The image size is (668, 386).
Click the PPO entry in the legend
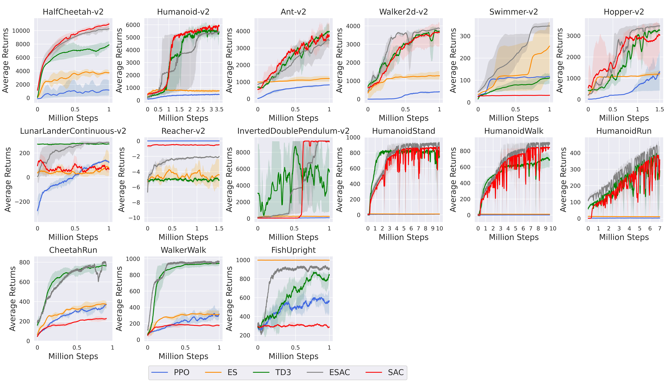click(181, 372)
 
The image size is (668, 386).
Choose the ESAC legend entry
click(339, 372)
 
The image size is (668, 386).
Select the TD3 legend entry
click(283, 372)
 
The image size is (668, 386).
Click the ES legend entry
click(232, 372)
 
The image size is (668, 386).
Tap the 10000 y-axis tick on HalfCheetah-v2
click(21, 31)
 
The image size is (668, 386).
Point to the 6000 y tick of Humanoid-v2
click(133, 25)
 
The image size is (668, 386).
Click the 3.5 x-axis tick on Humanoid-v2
click(219, 109)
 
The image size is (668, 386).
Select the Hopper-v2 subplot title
click(624, 12)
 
